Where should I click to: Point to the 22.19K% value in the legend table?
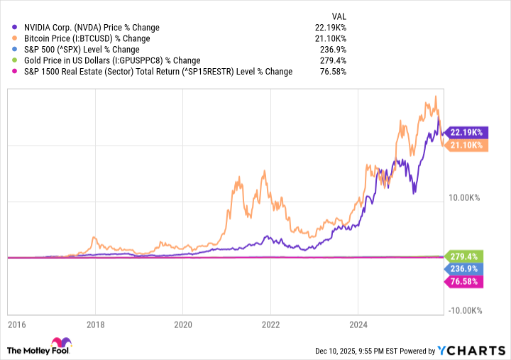[x=330, y=27]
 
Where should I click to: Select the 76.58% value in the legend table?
[x=333, y=71]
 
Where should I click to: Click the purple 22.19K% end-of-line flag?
[x=464, y=132]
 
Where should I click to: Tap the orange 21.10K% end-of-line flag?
[x=464, y=145]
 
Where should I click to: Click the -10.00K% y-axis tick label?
[x=465, y=310]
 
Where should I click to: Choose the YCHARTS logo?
[x=472, y=351]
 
